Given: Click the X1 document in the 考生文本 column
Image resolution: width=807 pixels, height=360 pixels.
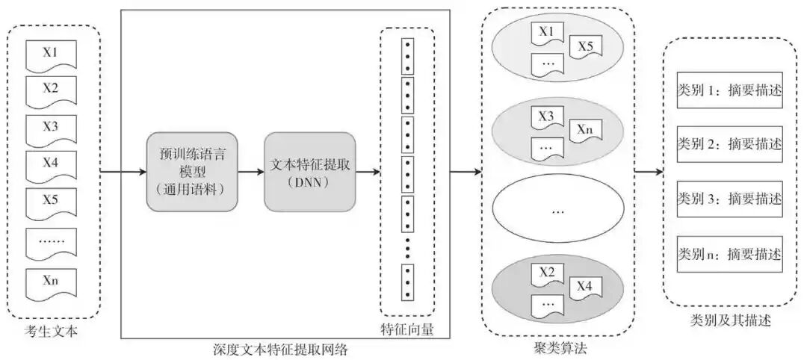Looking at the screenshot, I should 50,56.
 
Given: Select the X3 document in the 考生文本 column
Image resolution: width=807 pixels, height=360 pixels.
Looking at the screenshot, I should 50,128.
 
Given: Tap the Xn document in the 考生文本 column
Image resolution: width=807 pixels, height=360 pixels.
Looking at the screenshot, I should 50,282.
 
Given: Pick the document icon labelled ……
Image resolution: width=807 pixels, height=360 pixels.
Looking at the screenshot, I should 50,242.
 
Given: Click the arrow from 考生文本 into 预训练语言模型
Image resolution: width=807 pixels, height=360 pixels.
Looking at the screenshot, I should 123,173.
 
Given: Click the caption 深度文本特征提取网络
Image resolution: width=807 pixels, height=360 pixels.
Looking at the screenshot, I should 285,349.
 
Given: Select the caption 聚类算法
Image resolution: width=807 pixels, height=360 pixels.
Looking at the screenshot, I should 558,348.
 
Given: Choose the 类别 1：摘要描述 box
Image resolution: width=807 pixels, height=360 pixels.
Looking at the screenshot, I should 729,90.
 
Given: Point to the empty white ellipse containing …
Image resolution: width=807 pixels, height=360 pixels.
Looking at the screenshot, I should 557,210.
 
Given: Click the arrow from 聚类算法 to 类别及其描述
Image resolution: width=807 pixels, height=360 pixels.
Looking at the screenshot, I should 648,173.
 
